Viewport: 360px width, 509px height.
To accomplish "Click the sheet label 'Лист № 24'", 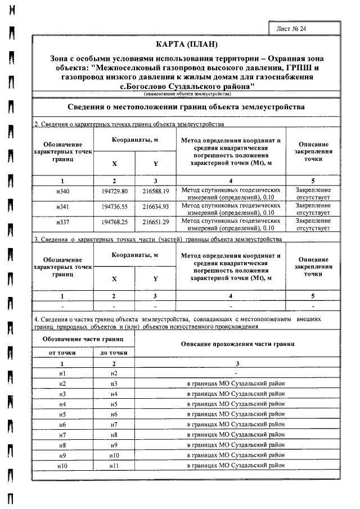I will click(x=292, y=28).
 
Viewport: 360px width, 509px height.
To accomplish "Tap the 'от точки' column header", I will click(x=62, y=352).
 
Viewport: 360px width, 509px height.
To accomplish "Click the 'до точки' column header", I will click(x=114, y=352).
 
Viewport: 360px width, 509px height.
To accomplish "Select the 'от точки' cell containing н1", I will click(x=62, y=373).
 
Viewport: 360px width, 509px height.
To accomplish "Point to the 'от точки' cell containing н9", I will click(x=62, y=455).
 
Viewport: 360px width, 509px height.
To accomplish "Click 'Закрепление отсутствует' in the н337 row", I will click(x=313, y=225).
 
